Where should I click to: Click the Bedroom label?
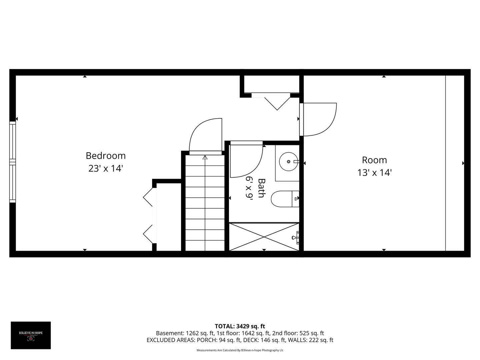106,156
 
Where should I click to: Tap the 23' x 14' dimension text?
106,169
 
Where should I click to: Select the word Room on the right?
374,160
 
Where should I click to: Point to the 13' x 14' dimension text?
374,173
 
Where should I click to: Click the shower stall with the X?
264,237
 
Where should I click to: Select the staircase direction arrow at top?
205,157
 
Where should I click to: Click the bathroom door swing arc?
248,160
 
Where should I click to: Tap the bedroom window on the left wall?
13,162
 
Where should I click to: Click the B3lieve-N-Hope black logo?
31,335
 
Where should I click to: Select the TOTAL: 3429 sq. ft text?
240,326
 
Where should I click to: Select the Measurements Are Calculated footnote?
240,350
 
